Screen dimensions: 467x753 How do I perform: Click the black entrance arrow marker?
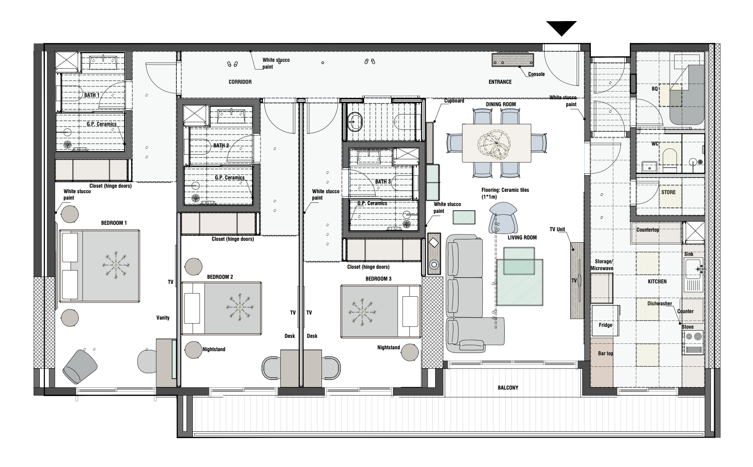(562, 28)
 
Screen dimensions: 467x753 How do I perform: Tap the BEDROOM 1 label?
(114, 223)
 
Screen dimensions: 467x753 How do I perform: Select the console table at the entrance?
(513, 60)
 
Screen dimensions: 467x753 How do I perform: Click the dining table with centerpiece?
(497, 143)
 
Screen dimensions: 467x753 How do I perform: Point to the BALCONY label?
(508, 388)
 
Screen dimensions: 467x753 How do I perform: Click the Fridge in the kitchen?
(605, 325)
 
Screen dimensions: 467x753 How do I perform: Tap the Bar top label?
(606, 354)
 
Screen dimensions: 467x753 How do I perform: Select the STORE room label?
(668, 192)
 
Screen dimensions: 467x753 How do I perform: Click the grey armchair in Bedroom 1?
(80, 366)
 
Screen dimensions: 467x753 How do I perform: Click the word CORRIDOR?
(240, 82)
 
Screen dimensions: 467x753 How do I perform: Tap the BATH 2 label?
(221, 146)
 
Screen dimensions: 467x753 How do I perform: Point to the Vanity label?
(163, 318)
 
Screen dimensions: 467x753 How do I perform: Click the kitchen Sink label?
(688, 254)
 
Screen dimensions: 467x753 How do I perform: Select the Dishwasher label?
(660, 304)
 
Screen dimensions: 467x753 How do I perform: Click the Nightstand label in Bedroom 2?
(214, 349)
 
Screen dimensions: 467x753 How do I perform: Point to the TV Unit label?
(560, 229)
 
